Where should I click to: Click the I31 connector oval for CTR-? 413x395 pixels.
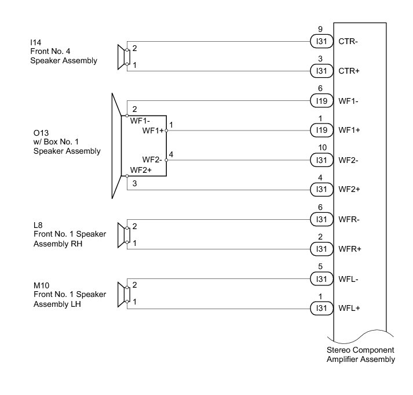(320, 42)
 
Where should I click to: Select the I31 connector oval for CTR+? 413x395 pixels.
(320, 71)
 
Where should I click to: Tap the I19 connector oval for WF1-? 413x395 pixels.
(320, 101)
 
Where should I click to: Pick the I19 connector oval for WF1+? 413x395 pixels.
(320, 131)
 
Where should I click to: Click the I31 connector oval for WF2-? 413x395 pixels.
(320, 160)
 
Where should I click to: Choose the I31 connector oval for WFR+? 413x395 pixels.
(320, 249)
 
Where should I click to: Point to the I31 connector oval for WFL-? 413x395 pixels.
(320, 278)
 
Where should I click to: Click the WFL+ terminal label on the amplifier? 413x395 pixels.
(350, 308)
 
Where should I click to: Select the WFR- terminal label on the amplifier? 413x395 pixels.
(350, 219)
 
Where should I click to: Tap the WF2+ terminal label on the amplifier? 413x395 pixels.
(350, 189)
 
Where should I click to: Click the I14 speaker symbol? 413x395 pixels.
(123, 57)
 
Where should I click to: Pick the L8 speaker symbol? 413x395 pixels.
(123, 234)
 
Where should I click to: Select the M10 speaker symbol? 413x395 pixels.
(123, 294)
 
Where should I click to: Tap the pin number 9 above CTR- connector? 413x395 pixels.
(320, 30)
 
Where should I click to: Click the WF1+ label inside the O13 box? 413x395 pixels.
(153, 131)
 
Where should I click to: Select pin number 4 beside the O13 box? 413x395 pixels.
(171, 154)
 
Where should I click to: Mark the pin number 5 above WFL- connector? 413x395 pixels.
(320, 266)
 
